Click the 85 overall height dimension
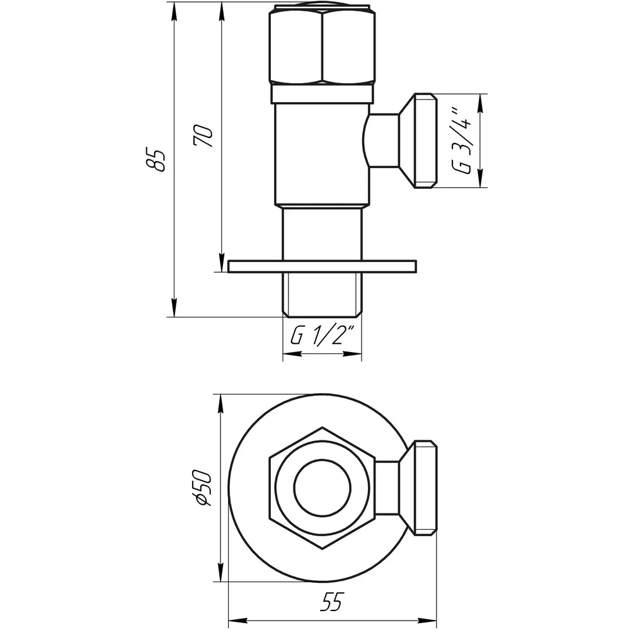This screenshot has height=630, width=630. [156, 160]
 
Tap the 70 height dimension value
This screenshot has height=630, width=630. [203, 136]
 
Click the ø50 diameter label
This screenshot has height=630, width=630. [202, 489]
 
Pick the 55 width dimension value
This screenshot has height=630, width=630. [332, 602]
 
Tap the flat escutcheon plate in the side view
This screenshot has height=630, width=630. [322, 266]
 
